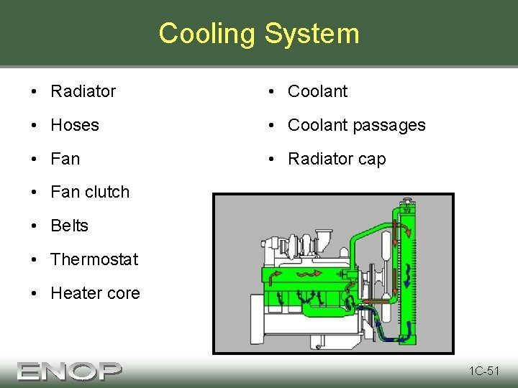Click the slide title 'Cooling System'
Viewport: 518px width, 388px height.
(258, 34)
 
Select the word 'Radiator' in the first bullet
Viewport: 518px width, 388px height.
(83, 91)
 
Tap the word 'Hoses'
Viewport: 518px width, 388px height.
(75, 125)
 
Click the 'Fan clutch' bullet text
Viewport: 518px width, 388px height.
(90, 192)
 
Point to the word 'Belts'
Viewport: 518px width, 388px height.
(70, 226)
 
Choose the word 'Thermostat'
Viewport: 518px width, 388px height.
(94, 259)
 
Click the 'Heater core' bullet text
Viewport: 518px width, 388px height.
(95, 293)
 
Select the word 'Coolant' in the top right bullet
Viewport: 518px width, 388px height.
(317, 91)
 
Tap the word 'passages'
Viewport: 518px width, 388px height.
(391, 125)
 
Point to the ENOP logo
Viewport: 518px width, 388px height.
(70, 371)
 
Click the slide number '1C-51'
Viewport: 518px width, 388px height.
(484, 371)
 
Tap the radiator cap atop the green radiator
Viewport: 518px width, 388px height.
(409, 200)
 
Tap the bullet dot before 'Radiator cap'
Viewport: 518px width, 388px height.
(272, 159)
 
